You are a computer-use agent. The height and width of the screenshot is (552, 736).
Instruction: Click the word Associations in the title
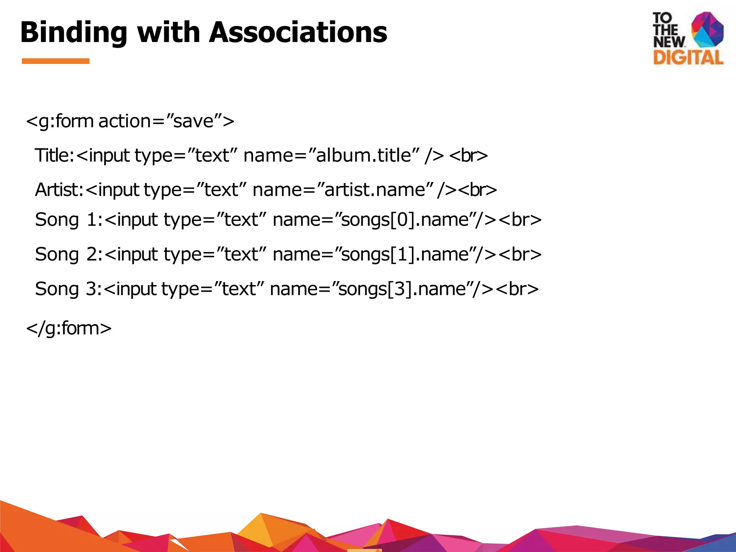click(x=298, y=32)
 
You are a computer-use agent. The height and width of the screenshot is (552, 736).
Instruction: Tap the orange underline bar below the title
click(x=56, y=61)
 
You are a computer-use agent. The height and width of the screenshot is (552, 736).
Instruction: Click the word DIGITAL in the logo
click(x=688, y=58)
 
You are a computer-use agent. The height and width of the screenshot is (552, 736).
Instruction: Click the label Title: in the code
click(x=54, y=156)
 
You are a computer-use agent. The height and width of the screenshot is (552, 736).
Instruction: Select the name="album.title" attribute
click(x=331, y=156)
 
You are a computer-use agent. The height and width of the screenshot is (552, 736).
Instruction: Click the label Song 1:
click(x=69, y=220)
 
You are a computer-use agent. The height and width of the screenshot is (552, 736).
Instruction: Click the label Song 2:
click(x=69, y=254)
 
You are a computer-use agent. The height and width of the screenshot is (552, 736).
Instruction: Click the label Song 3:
click(x=69, y=289)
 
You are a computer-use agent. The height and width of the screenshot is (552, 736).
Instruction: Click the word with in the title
click(x=169, y=32)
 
